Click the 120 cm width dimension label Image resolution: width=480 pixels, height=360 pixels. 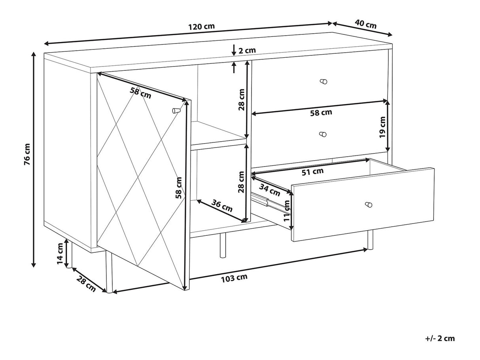(x=201, y=27)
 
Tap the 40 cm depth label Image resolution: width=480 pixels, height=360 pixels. (x=365, y=24)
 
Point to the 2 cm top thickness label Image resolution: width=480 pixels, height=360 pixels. (x=247, y=51)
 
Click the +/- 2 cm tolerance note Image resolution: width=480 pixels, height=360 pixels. (x=440, y=338)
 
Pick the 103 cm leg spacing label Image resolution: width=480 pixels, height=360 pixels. (x=234, y=278)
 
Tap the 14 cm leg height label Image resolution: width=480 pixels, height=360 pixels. (x=60, y=254)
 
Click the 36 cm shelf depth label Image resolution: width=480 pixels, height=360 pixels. (x=222, y=206)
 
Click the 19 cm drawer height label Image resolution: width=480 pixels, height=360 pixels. (x=382, y=127)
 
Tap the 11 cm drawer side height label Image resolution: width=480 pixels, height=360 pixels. (x=287, y=211)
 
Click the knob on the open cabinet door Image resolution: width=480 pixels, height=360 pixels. (x=176, y=111)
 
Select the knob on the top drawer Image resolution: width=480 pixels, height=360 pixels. (x=323, y=81)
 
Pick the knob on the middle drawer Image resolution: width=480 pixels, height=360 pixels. (x=323, y=134)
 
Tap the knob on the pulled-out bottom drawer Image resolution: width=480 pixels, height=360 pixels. (x=369, y=205)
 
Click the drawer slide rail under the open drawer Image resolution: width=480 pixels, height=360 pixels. (x=271, y=203)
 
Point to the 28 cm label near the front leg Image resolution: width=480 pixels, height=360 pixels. (x=86, y=284)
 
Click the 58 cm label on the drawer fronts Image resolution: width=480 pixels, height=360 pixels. (x=321, y=113)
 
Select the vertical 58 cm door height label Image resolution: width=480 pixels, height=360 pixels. (x=179, y=188)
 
